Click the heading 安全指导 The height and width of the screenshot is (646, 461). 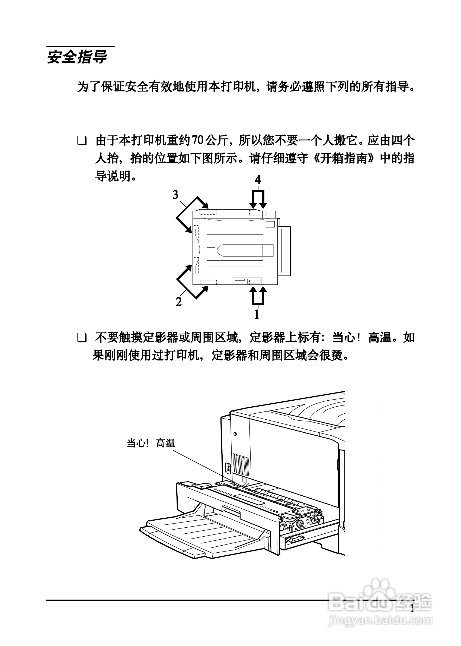click(x=77, y=57)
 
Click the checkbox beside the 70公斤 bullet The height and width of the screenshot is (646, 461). click(x=82, y=141)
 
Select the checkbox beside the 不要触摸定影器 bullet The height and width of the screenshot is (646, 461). click(x=82, y=338)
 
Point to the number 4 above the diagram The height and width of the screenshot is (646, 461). click(x=258, y=179)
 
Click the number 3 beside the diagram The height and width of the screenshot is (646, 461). click(x=176, y=195)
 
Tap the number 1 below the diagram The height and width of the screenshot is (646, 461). click(x=257, y=315)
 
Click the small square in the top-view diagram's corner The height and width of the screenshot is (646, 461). click(x=270, y=224)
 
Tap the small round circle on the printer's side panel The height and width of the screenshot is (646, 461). click(x=235, y=434)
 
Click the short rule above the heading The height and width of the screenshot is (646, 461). click(x=81, y=46)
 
